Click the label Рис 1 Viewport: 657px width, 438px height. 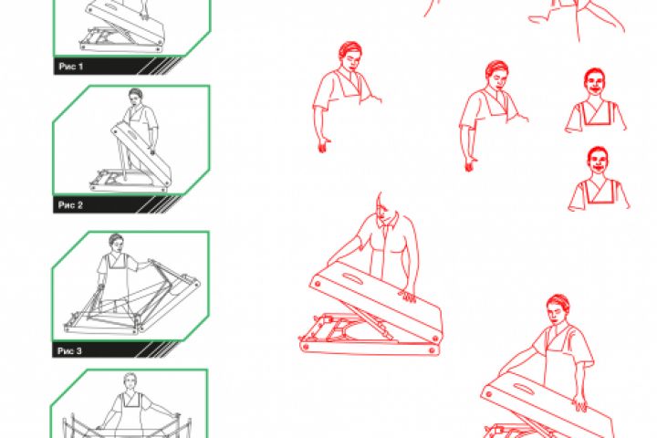tap(71, 67)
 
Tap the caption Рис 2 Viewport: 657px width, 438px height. tap(70, 205)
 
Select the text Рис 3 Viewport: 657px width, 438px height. tap(69, 350)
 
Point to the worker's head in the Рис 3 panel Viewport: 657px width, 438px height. tap(116, 242)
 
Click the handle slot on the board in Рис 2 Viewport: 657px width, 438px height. tap(131, 135)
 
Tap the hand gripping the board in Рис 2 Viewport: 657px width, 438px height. tap(153, 151)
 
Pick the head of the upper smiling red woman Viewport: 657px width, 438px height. tap(595, 82)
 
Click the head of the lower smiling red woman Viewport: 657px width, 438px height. tap(598, 160)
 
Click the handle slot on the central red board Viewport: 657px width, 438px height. tap(353, 278)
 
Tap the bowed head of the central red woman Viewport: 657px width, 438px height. tap(386, 210)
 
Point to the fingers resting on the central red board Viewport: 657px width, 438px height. tap(407, 297)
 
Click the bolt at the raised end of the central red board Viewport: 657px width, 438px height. tap(318, 284)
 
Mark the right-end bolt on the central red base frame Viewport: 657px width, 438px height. tap(432, 349)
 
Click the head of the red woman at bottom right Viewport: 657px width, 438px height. tap(558, 309)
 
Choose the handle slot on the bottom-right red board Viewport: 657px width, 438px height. tap(524, 389)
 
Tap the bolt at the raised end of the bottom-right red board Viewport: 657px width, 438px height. tap(488, 394)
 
